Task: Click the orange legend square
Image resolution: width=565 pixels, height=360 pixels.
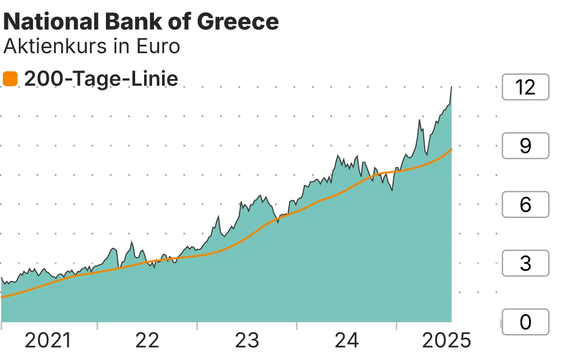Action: (x=10, y=79)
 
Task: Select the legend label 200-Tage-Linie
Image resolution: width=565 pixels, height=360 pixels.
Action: (x=101, y=79)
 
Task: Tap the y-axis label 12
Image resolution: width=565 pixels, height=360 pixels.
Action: (x=525, y=87)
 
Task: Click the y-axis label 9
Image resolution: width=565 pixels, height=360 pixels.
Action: (x=525, y=146)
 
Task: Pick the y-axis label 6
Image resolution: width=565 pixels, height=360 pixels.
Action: (x=525, y=205)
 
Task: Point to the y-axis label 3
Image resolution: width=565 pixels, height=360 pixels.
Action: (x=525, y=264)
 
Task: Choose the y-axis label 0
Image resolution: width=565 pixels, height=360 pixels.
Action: (x=525, y=322)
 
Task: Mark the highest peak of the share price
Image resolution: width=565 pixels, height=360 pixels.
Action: (x=452, y=87)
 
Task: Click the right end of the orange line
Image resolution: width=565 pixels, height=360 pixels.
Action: (x=452, y=149)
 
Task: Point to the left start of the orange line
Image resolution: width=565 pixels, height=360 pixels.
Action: (x=2, y=297)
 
